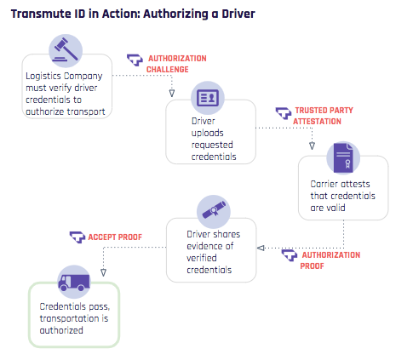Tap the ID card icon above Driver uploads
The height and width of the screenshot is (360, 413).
coord(208,98)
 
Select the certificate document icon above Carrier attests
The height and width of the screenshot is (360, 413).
coord(343,158)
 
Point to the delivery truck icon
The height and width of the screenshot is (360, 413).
coord(74,282)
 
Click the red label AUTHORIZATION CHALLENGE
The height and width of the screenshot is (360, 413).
coord(176,64)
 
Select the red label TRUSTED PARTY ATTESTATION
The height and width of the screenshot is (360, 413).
coord(323,116)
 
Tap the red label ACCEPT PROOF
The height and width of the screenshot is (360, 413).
coord(115,237)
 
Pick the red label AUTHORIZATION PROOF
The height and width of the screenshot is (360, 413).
coord(330,260)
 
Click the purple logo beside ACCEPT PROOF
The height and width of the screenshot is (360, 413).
coord(77,237)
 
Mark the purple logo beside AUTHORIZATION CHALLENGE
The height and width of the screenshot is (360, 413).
coord(135,60)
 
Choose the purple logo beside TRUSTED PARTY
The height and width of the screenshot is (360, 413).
coord(284,113)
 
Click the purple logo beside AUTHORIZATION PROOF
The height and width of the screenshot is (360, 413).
coord(290,255)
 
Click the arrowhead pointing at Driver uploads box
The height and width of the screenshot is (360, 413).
coord(172,93)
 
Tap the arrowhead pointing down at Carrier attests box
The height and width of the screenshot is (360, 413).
coord(312,146)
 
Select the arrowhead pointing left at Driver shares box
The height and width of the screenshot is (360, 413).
coord(261,248)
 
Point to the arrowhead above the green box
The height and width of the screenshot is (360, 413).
coord(103,272)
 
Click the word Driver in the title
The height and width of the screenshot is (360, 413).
coord(238,14)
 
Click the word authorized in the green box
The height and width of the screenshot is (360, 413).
coord(61,330)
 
